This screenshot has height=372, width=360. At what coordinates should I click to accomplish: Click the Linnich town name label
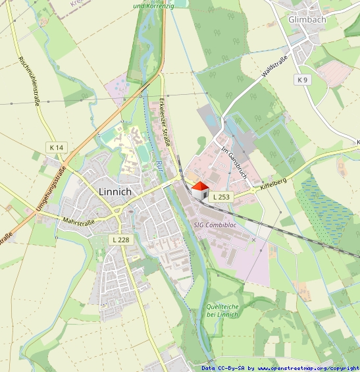pos(115,192)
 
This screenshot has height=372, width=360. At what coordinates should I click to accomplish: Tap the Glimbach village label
pos(307,20)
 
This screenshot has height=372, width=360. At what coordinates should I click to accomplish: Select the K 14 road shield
pos(56,147)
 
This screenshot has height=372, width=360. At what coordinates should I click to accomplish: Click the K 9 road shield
pos(302,80)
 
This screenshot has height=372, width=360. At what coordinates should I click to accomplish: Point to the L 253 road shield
pos(222,197)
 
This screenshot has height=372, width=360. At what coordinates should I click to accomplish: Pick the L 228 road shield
pos(120,240)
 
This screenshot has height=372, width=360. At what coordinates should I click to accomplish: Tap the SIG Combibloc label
pos(215,225)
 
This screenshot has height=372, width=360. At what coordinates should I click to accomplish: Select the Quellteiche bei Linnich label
pos(222,310)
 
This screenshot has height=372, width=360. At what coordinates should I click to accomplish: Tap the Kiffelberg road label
pos(274,180)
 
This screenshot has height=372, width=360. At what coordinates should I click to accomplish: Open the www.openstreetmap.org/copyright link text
pos(308,368)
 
